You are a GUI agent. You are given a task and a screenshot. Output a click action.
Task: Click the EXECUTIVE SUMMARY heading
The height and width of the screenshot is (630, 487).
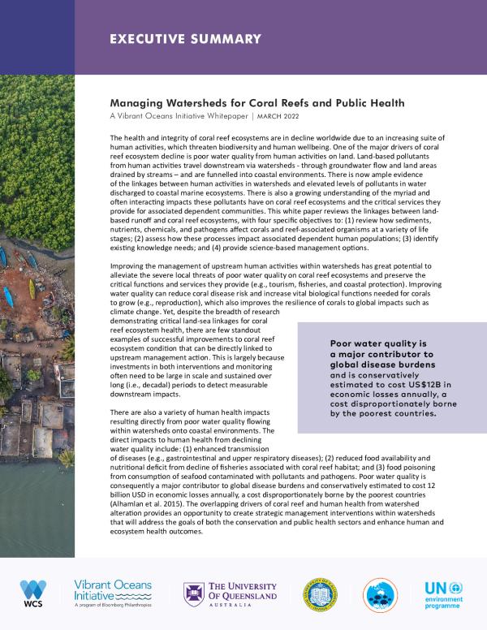click(185, 38)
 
